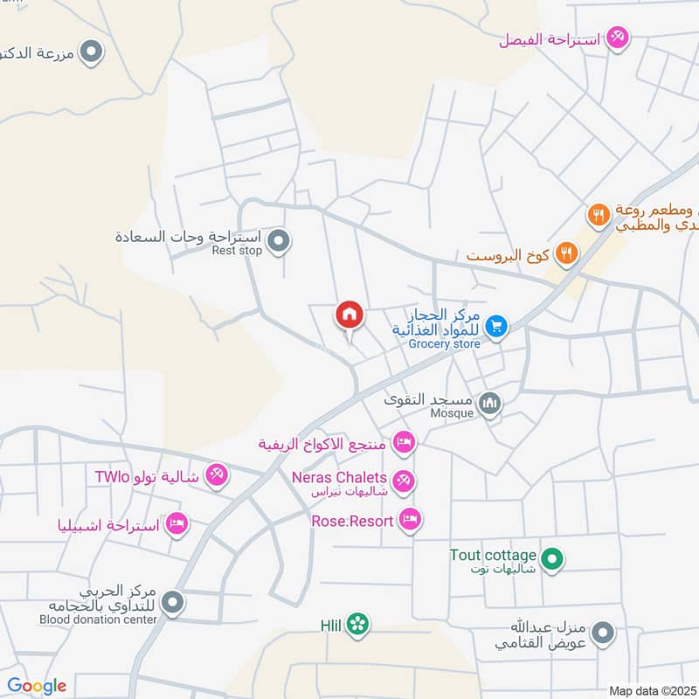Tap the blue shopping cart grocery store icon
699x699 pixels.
tap(496, 326)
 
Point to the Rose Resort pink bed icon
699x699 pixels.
tap(409, 520)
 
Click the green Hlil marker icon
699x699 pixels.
tap(356, 624)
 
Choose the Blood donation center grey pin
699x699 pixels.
tap(173, 601)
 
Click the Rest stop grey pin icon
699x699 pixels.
tap(278, 239)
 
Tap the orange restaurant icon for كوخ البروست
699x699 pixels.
tap(567, 254)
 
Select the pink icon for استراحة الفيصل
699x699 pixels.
tap(618, 37)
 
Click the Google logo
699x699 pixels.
tap(37, 686)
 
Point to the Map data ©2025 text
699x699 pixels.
tap(651, 690)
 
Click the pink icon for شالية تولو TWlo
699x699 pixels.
tap(215, 475)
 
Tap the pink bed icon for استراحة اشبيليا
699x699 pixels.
tap(177, 523)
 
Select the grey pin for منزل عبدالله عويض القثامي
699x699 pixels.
tap(603, 633)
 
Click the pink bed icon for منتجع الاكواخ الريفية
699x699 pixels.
tap(403, 442)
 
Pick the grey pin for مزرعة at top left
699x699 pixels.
tap(91, 53)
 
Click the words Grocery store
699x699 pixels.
tap(445, 344)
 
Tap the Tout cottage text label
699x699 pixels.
tap(493, 556)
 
